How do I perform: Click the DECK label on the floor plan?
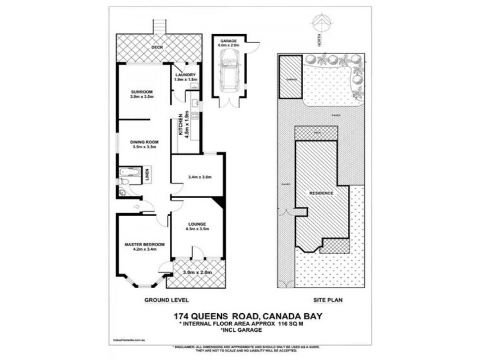click(157, 47)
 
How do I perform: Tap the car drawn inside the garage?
click(229, 67)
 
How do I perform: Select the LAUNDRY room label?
click(185, 76)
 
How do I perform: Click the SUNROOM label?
click(143, 92)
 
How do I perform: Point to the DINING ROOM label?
click(143, 142)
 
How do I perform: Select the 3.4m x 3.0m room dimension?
click(200, 177)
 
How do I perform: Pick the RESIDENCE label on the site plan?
click(322, 194)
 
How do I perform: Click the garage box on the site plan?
click(292, 77)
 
